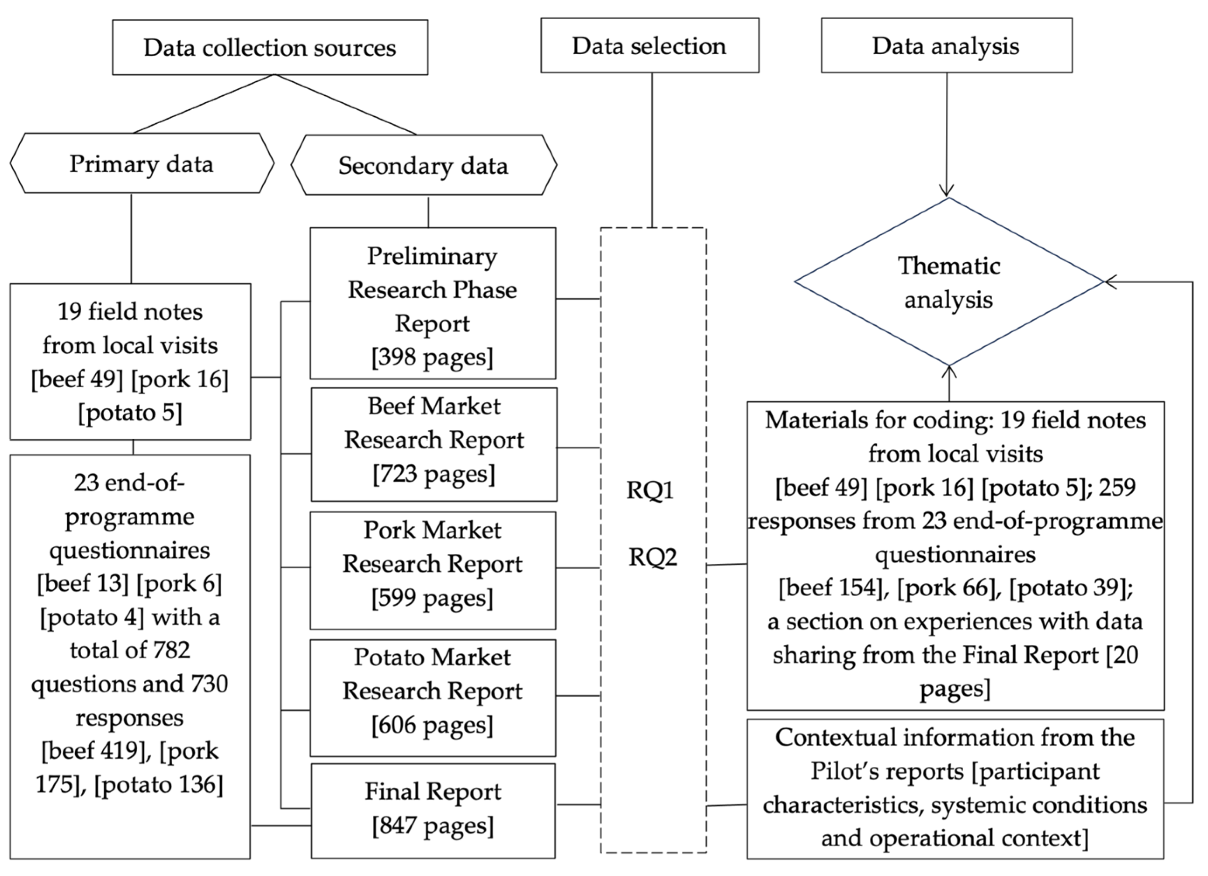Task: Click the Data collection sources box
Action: [270, 47]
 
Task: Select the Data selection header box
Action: [649, 46]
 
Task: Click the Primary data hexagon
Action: [142, 163]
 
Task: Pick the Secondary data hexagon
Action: [423, 165]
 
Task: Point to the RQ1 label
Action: [650, 490]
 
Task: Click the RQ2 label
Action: [653, 557]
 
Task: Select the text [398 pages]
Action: [433, 357]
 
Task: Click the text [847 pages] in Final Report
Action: [433, 825]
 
